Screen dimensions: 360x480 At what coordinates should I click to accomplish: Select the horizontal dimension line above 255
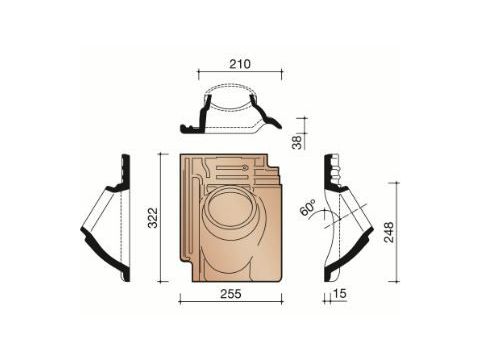(230, 300)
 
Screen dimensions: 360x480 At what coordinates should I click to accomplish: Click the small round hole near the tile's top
(245, 164)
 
